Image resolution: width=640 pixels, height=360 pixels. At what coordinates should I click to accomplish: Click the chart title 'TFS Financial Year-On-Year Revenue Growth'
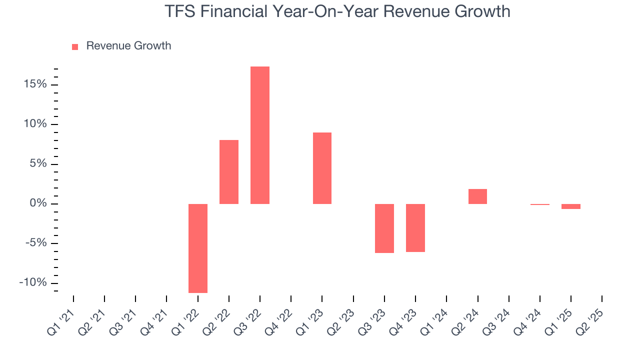(337, 11)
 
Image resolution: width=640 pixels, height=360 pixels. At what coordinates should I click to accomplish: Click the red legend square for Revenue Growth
(75, 46)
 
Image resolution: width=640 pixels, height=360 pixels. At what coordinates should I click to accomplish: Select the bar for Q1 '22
(198, 248)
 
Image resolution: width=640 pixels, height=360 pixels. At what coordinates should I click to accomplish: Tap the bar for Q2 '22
(229, 172)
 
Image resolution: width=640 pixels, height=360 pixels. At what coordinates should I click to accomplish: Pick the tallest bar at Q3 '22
(260, 135)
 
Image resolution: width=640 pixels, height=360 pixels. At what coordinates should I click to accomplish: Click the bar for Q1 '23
(322, 168)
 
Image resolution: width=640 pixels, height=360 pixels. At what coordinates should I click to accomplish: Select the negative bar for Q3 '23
(384, 228)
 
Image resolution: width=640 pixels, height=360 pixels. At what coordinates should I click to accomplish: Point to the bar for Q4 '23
(415, 227)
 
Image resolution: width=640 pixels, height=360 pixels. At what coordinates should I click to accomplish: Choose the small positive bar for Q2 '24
(477, 196)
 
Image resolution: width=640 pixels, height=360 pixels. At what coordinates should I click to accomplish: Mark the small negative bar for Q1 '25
(571, 206)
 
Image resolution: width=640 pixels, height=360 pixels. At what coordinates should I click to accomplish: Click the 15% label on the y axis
(35, 84)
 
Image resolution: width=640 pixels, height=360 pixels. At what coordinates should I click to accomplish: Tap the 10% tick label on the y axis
(35, 124)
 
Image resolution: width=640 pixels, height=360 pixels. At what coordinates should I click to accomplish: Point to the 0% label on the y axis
(38, 203)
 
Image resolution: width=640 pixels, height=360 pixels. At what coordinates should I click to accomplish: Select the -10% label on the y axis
(33, 282)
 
